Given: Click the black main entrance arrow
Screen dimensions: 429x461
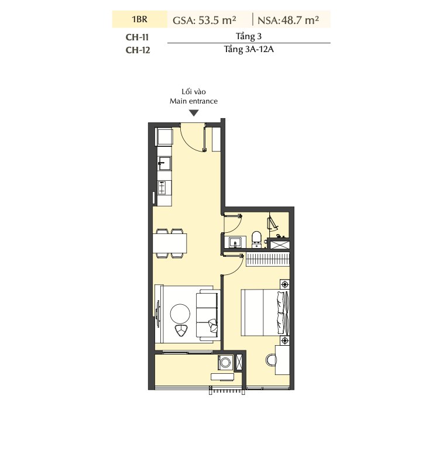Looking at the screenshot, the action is point(194,113).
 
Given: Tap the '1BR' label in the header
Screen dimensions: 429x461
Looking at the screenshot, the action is point(140,19).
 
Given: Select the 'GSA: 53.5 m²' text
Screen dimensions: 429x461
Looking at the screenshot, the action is point(204,20).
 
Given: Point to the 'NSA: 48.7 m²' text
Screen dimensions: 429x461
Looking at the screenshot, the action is point(288,20).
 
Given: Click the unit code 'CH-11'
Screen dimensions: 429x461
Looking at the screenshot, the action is point(137,37).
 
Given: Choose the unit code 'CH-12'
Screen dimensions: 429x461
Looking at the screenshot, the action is point(138,50).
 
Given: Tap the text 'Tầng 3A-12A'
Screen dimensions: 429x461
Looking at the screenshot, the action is point(249,49).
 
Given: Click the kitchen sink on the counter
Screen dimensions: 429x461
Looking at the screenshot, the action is point(164,163).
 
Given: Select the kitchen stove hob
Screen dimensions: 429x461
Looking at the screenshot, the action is point(162,188).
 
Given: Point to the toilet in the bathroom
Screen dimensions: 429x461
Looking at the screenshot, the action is point(257,239).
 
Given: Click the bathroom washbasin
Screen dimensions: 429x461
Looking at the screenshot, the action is point(235,243).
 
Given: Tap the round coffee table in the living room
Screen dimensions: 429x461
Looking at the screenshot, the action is point(180,314).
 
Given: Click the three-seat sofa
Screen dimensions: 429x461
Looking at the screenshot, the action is point(208,315).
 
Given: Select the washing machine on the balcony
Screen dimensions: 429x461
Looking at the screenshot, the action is point(225,362).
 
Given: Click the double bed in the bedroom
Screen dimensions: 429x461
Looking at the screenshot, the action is point(265,312).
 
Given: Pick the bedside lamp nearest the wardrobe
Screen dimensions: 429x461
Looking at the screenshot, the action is point(284,284).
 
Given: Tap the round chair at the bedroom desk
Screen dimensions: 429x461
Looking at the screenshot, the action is point(271,360).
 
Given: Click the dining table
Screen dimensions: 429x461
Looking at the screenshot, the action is point(170,243).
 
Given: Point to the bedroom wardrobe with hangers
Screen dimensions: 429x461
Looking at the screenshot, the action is point(267,259).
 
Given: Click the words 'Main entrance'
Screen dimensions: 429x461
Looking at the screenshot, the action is point(194,101).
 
